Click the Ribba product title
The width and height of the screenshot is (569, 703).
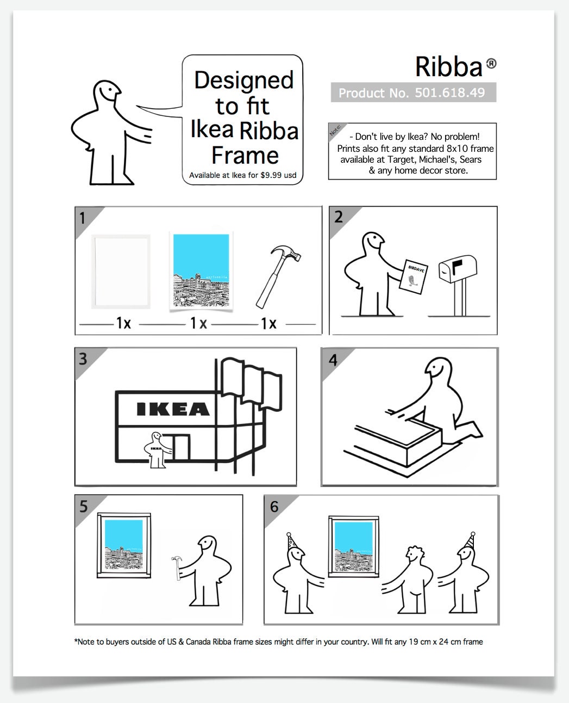point(449,67)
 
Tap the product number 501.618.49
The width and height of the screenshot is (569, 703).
point(449,92)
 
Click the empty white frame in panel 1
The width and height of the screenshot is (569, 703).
point(121,272)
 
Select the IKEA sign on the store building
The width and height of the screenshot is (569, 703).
point(173,409)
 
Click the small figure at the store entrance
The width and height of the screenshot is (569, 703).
point(157,450)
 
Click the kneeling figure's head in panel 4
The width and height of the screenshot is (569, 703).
point(438,369)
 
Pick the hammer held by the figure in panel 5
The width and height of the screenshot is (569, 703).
point(177,568)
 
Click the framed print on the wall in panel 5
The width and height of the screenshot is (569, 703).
point(124,545)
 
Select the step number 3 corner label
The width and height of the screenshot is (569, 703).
point(83,359)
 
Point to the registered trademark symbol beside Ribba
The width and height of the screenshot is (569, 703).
point(491,63)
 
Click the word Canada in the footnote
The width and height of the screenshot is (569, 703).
point(198,642)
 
